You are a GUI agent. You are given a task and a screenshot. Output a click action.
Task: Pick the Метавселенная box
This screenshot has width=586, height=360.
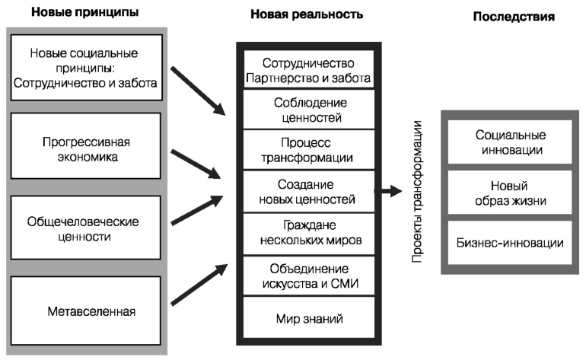point(86,311)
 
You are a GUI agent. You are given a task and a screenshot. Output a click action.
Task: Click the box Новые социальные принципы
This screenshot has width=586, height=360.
point(86,67)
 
